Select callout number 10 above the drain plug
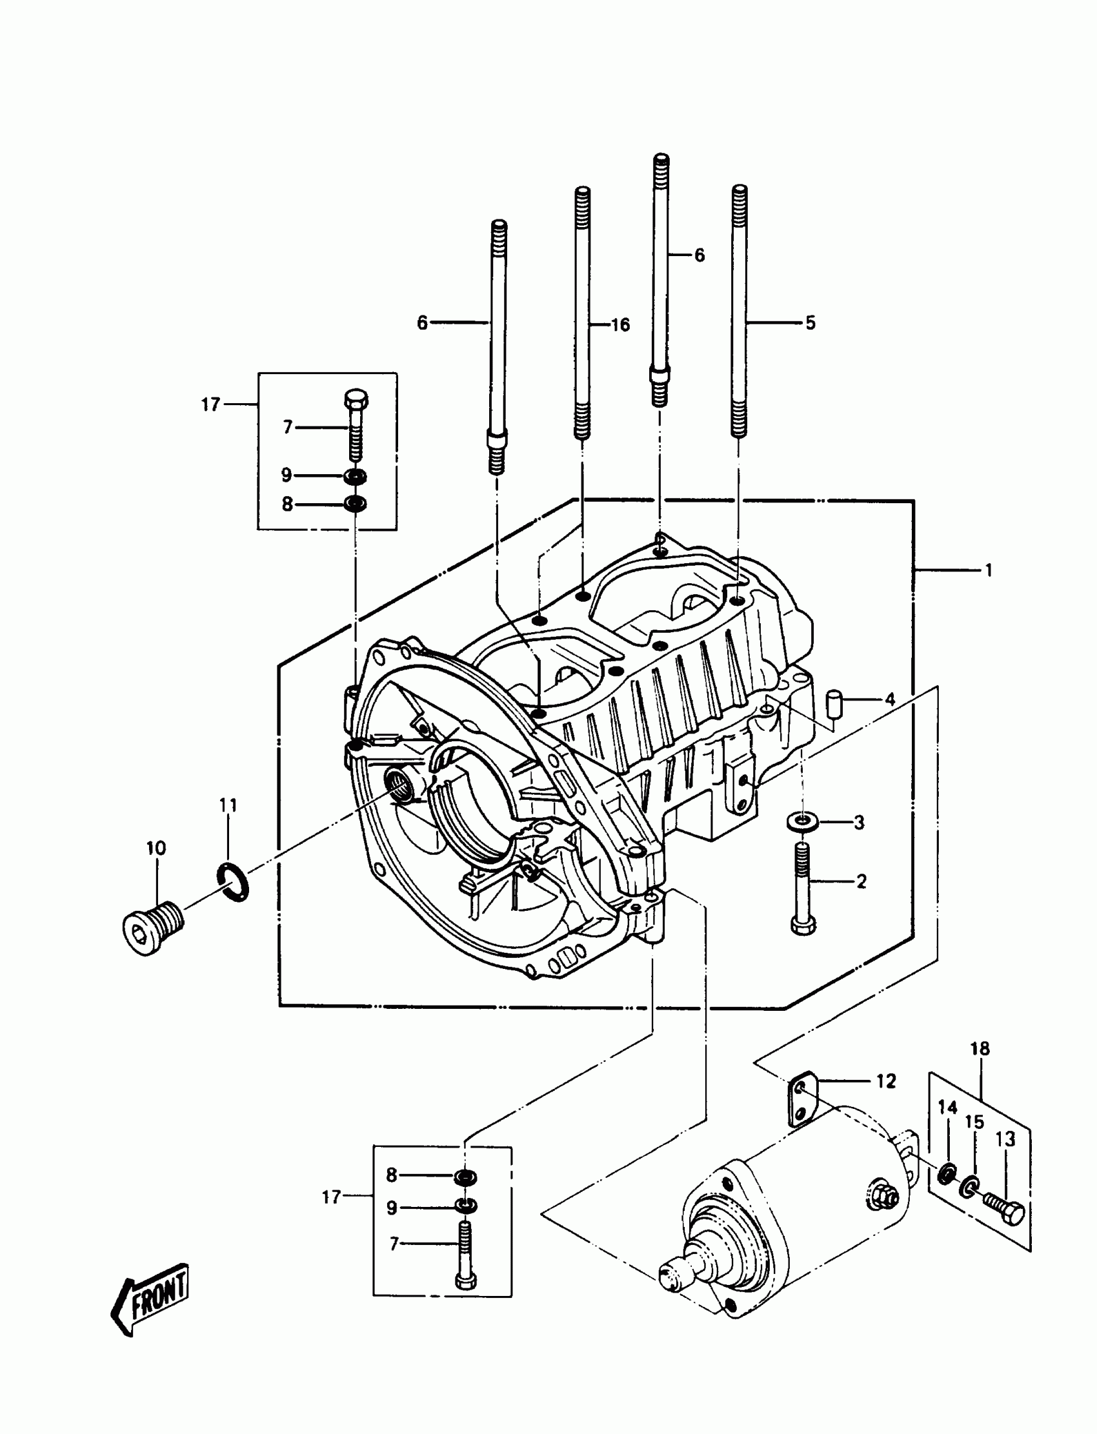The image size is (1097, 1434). pos(156,848)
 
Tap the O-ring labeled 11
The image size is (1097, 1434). pos(232,881)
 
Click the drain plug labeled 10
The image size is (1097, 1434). pos(153,926)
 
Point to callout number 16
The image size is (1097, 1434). pos(619,324)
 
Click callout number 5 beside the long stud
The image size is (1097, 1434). pos(810,323)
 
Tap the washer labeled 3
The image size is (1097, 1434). pos(802,822)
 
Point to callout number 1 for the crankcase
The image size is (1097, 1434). pos(989,570)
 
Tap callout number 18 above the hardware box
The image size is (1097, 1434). pos(980,1049)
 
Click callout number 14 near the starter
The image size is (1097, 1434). pos(947,1108)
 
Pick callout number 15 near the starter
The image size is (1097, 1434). pos(974,1122)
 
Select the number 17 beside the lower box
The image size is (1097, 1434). pos(332,1197)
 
